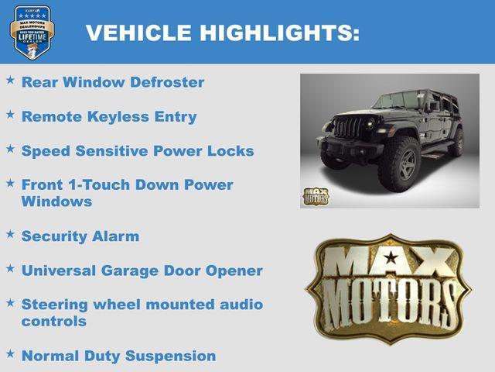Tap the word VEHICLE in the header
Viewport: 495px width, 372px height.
[x=138, y=33]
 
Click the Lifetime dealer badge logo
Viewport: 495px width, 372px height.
[x=32, y=33]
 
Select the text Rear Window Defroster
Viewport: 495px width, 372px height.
[x=113, y=82]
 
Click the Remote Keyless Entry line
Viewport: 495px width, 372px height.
[x=109, y=117]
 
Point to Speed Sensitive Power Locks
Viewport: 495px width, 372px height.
[x=138, y=151]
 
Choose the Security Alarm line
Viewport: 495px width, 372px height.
[x=80, y=236]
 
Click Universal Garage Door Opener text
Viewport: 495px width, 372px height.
[x=142, y=271]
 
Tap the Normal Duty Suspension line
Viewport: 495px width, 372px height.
[x=118, y=356]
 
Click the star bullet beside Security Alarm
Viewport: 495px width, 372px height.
[x=10, y=234]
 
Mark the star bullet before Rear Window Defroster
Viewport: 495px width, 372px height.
[x=10, y=80]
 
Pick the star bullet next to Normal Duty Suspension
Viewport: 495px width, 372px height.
[x=10, y=354]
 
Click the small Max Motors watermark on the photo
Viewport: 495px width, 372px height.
[x=315, y=195]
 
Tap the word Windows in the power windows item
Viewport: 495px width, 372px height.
[x=56, y=201]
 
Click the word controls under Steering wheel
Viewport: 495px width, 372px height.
[x=54, y=322]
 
